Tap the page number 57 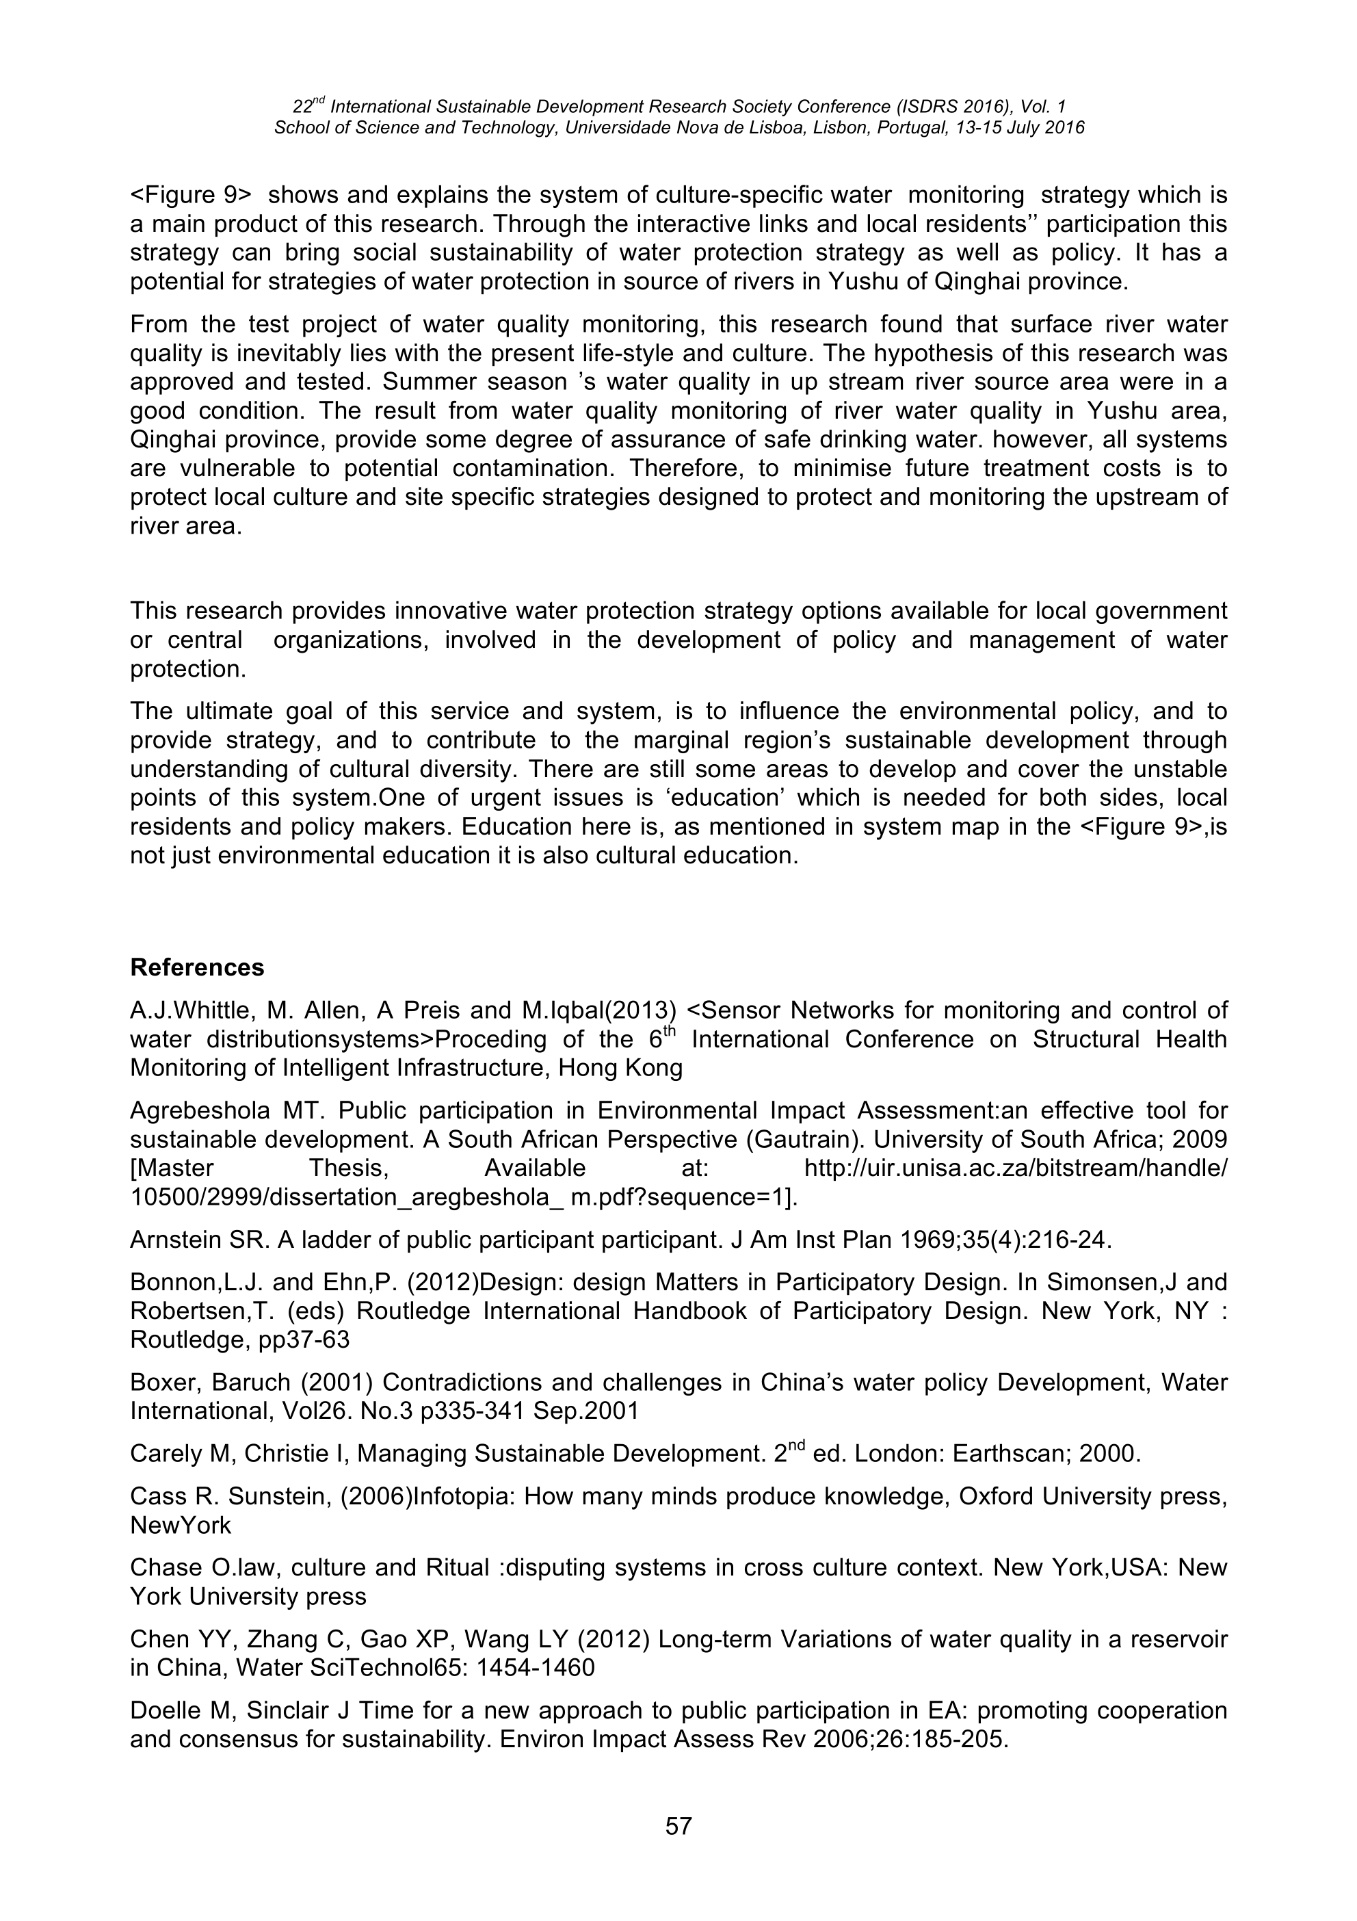(x=678, y=1826)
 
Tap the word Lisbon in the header (x=839, y=128)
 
